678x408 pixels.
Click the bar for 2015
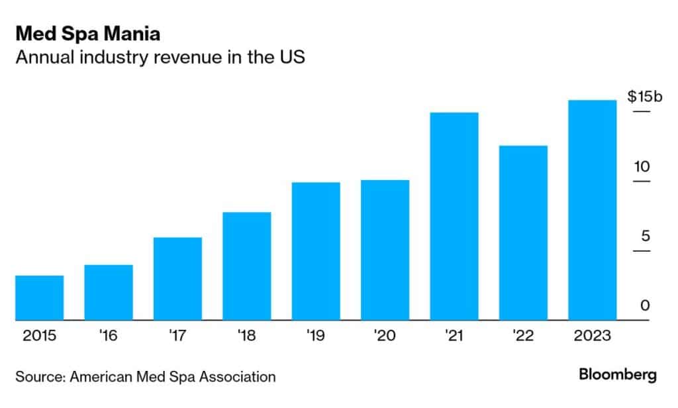coord(39,298)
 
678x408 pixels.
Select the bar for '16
coord(109,293)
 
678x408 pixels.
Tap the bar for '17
coord(177,279)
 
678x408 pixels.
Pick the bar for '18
coord(247,266)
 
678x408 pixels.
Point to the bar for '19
coord(316,252)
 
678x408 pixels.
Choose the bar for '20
coord(385,250)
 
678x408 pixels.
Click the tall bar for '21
coord(454,217)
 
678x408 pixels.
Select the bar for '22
coord(523,233)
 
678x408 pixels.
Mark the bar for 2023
coord(593,211)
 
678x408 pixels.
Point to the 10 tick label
coord(642,167)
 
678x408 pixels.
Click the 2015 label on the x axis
coord(39,335)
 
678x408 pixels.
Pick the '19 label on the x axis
coord(316,335)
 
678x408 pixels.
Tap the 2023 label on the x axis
coord(593,335)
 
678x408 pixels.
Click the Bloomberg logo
coord(618,375)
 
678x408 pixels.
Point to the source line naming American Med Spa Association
coord(146,377)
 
